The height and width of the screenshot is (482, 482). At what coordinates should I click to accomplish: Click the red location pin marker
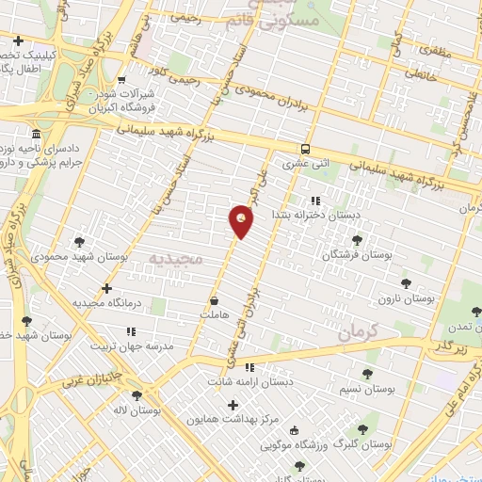point(241,221)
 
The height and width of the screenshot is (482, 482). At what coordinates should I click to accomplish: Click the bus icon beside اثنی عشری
point(305,149)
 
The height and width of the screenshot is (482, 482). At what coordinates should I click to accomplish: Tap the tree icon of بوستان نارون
point(406,281)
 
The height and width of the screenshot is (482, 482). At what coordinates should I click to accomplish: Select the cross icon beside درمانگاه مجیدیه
point(106,288)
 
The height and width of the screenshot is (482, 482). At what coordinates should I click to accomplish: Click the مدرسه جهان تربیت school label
point(133,345)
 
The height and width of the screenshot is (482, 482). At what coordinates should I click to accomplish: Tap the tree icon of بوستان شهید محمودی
point(79,242)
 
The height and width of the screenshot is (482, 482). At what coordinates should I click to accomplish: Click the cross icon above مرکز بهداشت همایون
point(233,404)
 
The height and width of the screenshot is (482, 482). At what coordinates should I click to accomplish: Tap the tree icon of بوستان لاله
point(137,395)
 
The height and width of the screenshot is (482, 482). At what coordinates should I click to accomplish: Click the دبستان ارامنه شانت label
point(250,381)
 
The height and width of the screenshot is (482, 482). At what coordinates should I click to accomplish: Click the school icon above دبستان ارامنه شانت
point(250,367)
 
